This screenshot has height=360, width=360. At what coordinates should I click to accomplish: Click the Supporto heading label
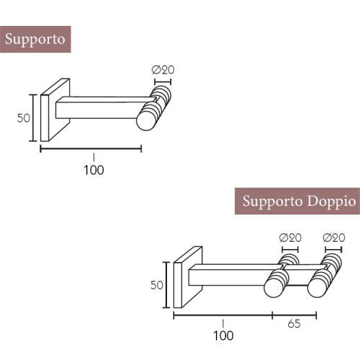(35, 40)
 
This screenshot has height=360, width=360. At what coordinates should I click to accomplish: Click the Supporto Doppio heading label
(297, 201)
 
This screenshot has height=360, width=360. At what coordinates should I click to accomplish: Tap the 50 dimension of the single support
(24, 117)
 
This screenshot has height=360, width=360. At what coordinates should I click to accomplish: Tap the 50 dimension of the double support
(156, 285)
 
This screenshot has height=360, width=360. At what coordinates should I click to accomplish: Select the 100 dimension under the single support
(94, 170)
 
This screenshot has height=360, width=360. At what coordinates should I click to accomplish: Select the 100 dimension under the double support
(223, 336)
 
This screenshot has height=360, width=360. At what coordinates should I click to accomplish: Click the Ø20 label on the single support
(163, 70)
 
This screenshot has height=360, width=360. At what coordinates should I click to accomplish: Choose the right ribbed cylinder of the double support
(325, 275)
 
